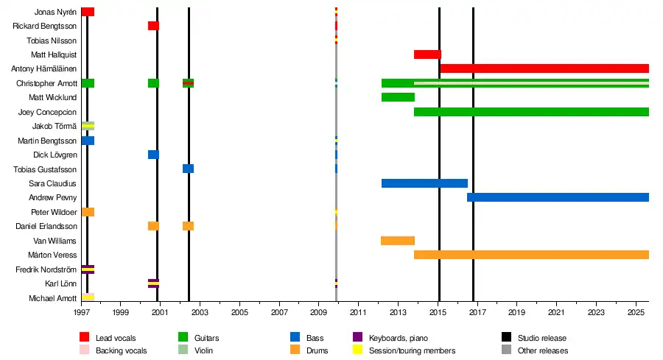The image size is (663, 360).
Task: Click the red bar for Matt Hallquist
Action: (x=427, y=54)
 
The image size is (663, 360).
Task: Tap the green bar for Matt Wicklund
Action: (x=398, y=97)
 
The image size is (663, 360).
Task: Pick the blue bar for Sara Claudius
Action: (x=424, y=183)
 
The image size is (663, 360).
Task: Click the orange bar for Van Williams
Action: (x=398, y=241)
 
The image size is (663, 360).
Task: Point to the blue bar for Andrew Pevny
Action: (x=558, y=197)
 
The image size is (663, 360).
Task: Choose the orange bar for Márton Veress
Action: (x=531, y=255)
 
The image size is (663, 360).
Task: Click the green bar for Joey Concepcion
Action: (x=531, y=112)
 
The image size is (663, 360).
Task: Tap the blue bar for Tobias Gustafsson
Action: (x=188, y=169)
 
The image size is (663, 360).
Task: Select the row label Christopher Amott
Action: (x=46, y=83)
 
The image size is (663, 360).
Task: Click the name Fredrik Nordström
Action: (x=46, y=269)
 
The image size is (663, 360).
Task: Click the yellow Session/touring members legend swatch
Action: (x=359, y=350)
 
